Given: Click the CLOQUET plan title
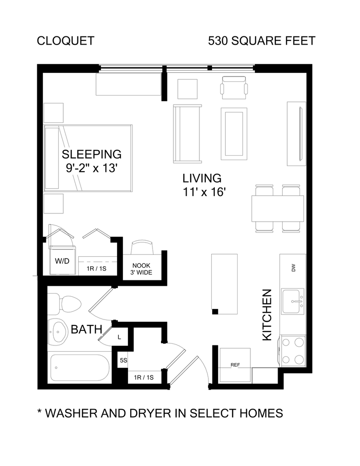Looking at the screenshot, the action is click(66, 41).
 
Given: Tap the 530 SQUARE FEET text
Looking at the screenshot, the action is click(262, 41).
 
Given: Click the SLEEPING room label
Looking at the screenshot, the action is click(91, 154).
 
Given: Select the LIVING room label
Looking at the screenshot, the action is click(202, 178).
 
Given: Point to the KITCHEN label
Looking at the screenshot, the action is click(267, 315).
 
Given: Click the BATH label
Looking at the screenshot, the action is click(86, 329).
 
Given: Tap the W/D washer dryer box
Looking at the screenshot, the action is click(62, 261).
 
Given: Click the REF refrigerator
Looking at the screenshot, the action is click(235, 365).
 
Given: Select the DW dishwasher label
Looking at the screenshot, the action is click(294, 268).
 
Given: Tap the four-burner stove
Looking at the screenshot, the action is click(293, 351).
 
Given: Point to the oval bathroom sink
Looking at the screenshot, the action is click(57, 332).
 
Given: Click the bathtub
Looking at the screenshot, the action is click(80, 368).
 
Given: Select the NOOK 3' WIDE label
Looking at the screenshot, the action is click(141, 268).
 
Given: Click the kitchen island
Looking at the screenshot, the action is click(224, 284).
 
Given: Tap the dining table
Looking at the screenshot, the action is click(278, 208).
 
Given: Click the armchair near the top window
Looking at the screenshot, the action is click(234, 88).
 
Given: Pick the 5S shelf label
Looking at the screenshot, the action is click(123, 360).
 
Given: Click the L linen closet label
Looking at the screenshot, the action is click(120, 337).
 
